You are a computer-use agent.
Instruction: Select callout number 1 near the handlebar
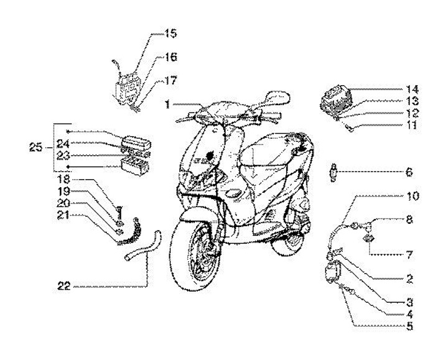167,105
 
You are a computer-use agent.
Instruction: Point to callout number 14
412,89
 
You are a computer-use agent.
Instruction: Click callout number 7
409,254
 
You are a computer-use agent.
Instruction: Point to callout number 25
35,148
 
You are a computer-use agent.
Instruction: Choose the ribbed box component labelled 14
335,99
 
